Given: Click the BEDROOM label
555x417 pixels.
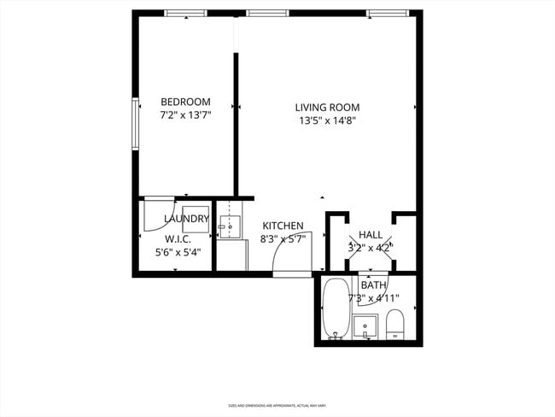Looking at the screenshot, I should tap(185, 102).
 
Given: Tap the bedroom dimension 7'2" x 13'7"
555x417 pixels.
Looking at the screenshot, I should tap(185, 114).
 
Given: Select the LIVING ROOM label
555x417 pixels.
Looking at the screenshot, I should tap(327, 108).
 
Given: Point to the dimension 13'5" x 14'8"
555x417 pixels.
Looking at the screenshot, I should tap(327, 120).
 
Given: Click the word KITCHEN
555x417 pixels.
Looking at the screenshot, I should tap(283, 226).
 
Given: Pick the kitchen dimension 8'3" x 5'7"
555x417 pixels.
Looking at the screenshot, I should tap(283, 239).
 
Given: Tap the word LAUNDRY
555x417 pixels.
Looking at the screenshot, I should tap(186, 219).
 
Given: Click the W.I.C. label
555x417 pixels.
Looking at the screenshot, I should tap(178, 239).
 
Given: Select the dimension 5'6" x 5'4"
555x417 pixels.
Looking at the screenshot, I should tap(178, 252).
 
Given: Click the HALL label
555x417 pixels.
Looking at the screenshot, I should tap(371, 235).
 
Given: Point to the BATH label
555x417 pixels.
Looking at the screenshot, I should tap(373, 285).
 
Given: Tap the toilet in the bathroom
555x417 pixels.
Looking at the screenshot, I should tap(394, 324).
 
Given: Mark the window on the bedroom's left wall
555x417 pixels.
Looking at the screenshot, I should tap(135, 125).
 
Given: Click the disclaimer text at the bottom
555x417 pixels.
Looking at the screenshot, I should tap(277, 405).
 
